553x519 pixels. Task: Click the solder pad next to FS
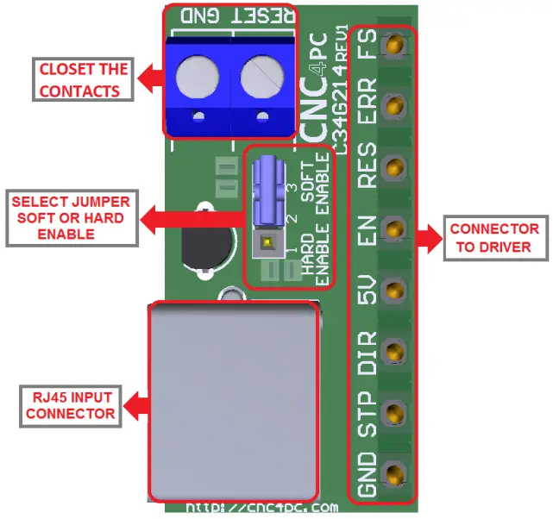tap(396, 45)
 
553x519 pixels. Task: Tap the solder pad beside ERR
tap(396, 106)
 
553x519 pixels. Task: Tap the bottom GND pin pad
tap(396, 472)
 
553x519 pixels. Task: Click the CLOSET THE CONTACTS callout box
tap(83, 79)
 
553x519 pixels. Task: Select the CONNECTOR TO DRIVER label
tap(494, 238)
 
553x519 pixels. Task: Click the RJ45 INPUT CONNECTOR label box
tap(70, 405)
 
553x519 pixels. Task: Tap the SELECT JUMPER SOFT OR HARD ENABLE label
tap(70, 217)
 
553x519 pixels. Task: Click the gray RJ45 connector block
tap(233, 401)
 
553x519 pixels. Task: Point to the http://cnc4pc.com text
tap(262, 508)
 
